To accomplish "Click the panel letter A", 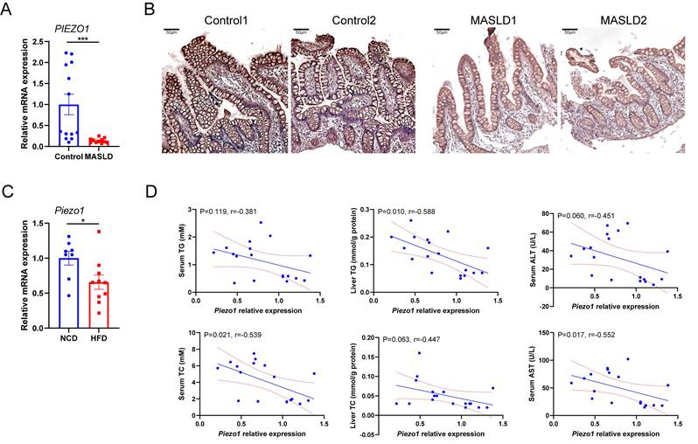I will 10,12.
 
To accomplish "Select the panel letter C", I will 10,189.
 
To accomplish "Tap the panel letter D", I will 150,189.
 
